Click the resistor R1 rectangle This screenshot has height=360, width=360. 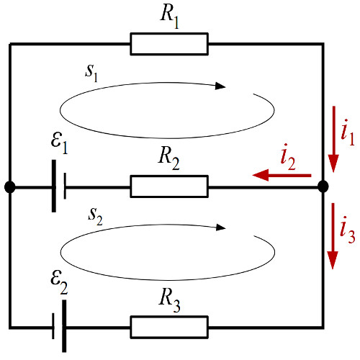pyautogui.click(x=169, y=44)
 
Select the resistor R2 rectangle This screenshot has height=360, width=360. pyautogui.click(x=169, y=186)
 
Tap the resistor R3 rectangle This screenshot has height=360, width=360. pyautogui.click(x=169, y=327)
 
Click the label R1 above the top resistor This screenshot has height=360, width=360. pyautogui.click(x=170, y=17)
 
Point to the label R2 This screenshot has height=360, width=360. pyautogui.click(x=168, y=158)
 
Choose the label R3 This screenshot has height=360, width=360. pyautogui.click(x=169, y=300)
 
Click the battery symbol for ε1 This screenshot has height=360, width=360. pyautogui.click(x=59, y=186)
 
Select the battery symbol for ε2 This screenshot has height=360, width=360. pyautogui.click(x=60, y=326)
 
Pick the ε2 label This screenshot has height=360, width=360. pyautogui.click(x=59, y=283)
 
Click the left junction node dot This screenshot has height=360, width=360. pyautogui.click(x=10, y=187)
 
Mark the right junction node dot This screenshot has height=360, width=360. pyautogui.click(x=323, y=186)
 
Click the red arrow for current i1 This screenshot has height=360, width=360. pyautogui.click(x=333, y=139)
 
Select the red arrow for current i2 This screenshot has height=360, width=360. pyautogui.click(x=282, y=175)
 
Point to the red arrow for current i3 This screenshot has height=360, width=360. pyautogui.click(x=333, y=236)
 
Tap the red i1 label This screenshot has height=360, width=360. pyautogui.click(x=348, y=132)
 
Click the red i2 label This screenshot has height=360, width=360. pyautogui.click(x=288, y=158)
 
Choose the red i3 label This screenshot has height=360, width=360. pyautogui.click(x=348, y=230)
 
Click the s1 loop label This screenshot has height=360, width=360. pyautogui.click(x=91, y=73)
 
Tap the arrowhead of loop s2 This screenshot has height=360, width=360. pyautogui.click(x=221, y=228)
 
